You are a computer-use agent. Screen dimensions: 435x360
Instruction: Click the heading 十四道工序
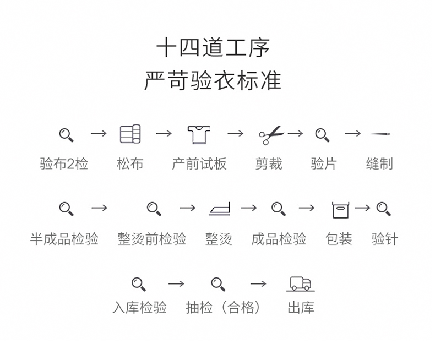pyautogui.click(x=213, y=48)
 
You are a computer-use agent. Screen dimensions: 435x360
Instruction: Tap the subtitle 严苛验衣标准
pyautogui.click(x=213, y=80)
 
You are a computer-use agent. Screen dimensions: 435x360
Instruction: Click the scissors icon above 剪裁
pyautogui.click(x=270, y=134)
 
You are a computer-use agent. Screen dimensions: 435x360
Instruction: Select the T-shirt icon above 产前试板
pyautogui.click(x=199, y=134)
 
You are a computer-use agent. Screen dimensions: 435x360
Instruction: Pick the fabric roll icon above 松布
pyautogui.click(x=130, y=134)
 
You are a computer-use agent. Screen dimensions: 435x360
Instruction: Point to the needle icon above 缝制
pyautogui.click(x=380, y=134)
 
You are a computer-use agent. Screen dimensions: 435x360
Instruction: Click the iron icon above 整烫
pyautogui.click(x=219, y=209)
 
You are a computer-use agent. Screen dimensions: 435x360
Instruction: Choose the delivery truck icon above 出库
pyautogui.click(x=301, y=283)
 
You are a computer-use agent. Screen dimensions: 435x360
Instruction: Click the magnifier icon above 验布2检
pyautogui.click(x=66, y=134)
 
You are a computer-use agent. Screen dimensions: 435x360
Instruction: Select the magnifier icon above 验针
pyautogui.click(x=383, y=209)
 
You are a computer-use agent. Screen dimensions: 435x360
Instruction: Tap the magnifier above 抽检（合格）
pyautogui.click(x=218, y=284)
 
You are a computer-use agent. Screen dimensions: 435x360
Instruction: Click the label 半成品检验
pyautogui.click(x=64, y=239)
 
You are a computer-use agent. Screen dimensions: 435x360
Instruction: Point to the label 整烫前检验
pyautogui.click(x=151, y=239)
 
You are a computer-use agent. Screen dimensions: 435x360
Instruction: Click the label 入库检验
pyautogui.click(x=139, y=308)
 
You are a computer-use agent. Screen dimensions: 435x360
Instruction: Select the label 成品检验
pyautogui.click(x=279, y=239)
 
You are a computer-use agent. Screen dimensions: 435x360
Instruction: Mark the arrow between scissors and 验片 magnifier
pyautogui.click(x=295, y=133)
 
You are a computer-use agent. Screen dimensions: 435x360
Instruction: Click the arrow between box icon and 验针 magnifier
pyautogui.click(x=362, y=208)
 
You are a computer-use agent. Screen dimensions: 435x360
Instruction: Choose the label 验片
pyautogui.click(x=323, y=164)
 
